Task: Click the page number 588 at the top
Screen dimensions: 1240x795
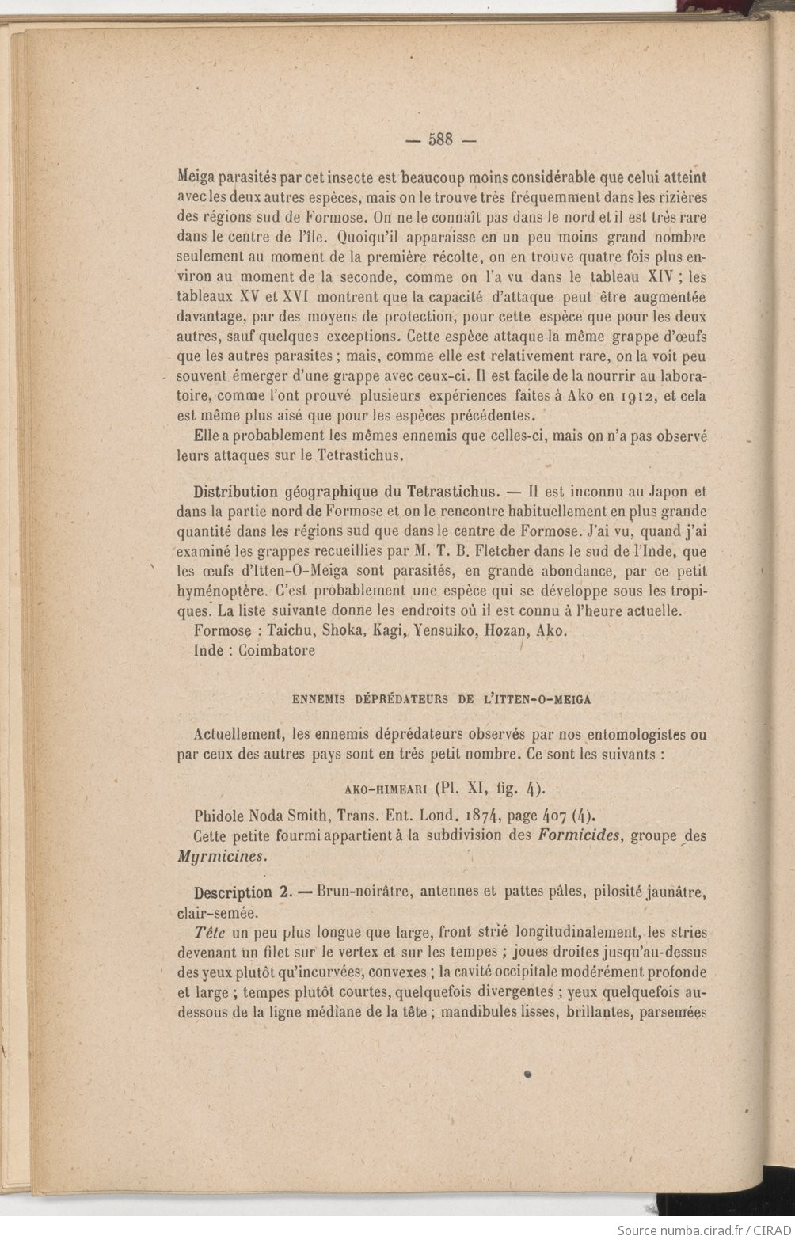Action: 439,139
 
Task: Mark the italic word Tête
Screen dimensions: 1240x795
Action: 207,931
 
